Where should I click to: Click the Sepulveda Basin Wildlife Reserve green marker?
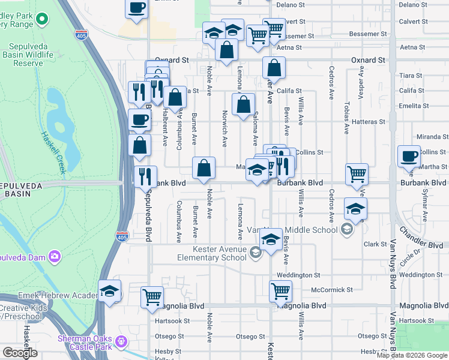coord(42,19)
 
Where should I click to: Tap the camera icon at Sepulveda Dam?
coord(55,257)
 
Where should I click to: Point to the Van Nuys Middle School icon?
coord(346,229)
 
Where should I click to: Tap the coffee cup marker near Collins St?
coord(410,156)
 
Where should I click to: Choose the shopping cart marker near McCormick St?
coord(280,291)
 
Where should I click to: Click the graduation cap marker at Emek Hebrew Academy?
coord(109,292)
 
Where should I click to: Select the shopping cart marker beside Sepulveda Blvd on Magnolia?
coord(152,296)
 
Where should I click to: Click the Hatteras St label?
coord(369,122)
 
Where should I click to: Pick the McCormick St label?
coord(332,290)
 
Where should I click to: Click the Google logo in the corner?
coord(20,353)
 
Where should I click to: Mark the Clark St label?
coord(375,244)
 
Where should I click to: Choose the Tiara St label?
coord(411,76)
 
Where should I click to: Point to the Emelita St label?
coord(412,106)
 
